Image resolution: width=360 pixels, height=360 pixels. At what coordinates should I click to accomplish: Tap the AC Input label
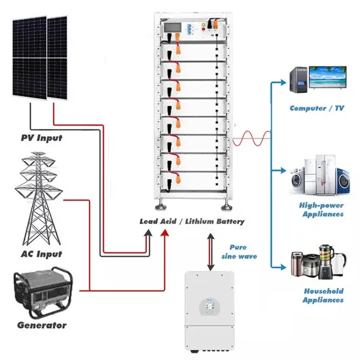pyautogui.click(x=40, y=254)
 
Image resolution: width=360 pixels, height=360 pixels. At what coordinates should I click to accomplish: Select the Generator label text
pyautogui.click(x=41, y=325)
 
